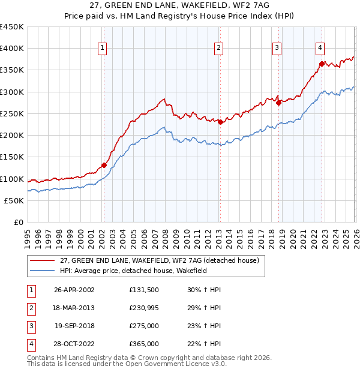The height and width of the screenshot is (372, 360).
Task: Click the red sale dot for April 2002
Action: (104, 165)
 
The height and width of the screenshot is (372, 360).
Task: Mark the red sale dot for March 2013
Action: (220, 122)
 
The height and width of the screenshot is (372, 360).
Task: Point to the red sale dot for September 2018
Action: (278, 103)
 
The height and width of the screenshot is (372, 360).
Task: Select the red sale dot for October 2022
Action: (322, 64)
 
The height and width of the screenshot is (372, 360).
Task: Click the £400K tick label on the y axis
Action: (12, 49)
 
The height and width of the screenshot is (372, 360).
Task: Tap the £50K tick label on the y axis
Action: (14, 200)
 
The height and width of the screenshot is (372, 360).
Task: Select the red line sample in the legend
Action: (41, 260)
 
